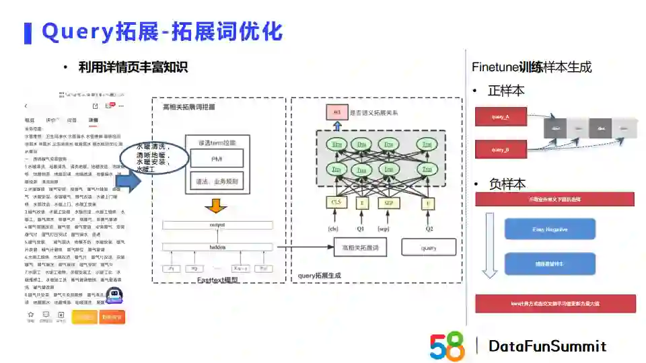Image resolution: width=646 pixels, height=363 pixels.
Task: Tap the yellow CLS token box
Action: click(336, 202)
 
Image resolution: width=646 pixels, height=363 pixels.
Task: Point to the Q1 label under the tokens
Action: click(361, 229)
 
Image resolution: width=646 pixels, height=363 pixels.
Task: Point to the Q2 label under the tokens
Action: click(429, 229)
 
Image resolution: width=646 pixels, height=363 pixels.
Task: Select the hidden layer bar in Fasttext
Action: click(217, 247)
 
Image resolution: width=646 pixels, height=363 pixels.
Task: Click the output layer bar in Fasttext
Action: click(217, 225)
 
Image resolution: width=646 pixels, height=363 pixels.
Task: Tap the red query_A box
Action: click(500, 117)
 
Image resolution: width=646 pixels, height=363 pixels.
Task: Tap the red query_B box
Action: click(500, 149)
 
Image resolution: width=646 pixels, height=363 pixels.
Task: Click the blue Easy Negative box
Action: click(550, 229)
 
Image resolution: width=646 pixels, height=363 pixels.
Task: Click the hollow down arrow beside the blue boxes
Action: click(489, 245)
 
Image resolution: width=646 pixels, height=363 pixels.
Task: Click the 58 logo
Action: click(447, 346)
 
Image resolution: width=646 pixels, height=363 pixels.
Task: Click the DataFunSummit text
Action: click(547, 346)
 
